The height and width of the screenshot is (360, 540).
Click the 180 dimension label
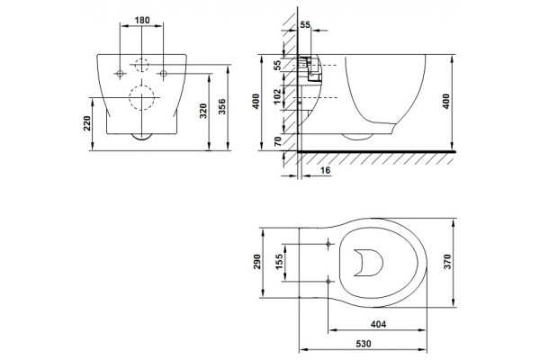pos(142,21)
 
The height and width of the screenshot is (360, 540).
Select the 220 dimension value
pos(86,123)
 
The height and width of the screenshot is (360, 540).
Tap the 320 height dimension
pos(203,111)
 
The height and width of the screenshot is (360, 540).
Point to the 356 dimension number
pos(222,106)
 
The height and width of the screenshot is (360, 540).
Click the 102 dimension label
pos(277,97)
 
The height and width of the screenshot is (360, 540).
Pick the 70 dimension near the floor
pos(277,141)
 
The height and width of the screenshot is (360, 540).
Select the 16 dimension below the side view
pos(325,170)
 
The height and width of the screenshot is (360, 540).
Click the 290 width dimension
pos(256,262)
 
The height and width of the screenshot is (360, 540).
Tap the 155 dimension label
pos(279,262)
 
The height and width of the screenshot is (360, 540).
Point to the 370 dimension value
pos(447,262)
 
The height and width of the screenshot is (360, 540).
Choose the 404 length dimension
pos(379,324)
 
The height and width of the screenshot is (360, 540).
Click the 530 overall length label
pos(364,344)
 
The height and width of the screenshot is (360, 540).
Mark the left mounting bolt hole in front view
pos(121,74)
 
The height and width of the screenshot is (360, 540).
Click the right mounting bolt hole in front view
pos(164,74)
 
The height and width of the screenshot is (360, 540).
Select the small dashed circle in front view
pos(141,65)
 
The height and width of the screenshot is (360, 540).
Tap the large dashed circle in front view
pos(141,97)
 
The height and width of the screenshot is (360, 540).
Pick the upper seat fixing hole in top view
pos(328,244)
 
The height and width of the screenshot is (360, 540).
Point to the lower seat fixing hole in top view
pos(328,282)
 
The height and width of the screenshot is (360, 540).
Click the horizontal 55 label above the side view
pos(305,25)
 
